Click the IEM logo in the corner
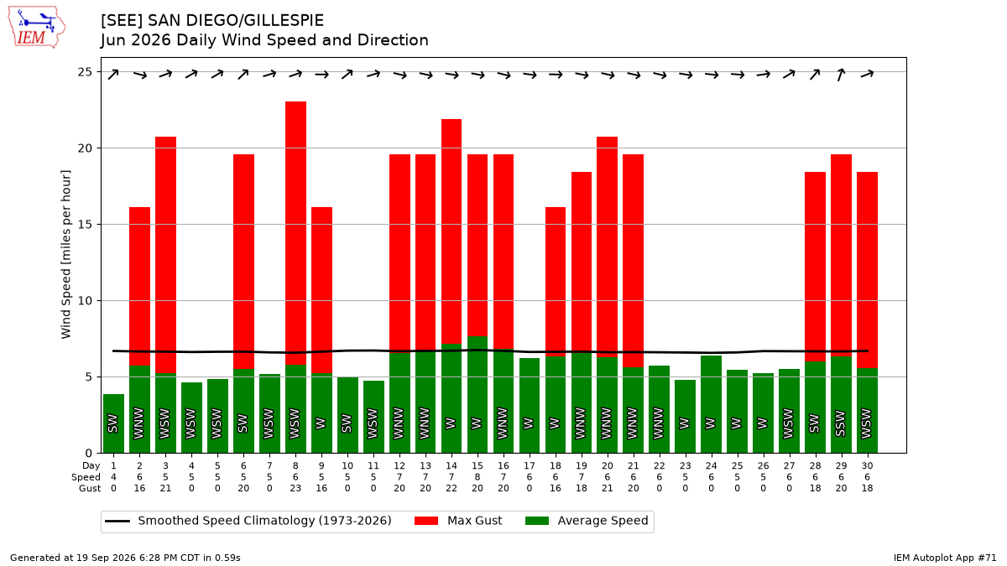coord(37,27)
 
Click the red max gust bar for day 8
coord(295,233)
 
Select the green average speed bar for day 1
coord(114,423)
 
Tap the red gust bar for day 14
coord(451,231)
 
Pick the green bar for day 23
coord(685,417)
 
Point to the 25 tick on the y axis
coord(85,72)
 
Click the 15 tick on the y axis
coord(85,224)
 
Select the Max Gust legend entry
coord(457,521)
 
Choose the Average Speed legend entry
coord(587,521)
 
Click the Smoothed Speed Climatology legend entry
coord(248,521)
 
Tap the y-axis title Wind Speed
coord(66,254)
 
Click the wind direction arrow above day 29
coord(841,74)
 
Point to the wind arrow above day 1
coord(113,74)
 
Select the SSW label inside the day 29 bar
coord(841,423)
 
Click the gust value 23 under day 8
coord(295,488)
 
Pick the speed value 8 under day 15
coord(477,477)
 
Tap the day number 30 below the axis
coord(867,466)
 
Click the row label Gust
coord(90,488)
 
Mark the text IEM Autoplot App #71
coord(945,558)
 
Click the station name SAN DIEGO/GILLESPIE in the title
coord(236,21)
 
